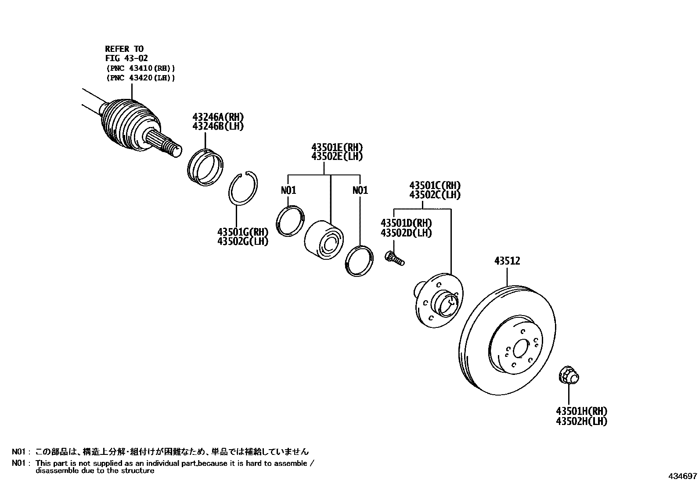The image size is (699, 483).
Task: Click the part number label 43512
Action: [x=507, y=261]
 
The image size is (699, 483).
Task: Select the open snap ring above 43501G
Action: [x=244, y=188]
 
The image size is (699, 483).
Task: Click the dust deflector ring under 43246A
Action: [x=205, y=167]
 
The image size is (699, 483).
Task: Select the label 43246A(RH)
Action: [x=218, y=117]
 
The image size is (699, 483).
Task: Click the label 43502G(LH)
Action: [x=242, y=241]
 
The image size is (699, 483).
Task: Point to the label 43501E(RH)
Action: [x=337, y=147]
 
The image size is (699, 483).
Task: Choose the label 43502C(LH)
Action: [x=435, y=195]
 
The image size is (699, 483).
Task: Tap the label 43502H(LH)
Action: [x=581, y=421]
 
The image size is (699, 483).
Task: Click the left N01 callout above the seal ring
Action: [x=288, y=190]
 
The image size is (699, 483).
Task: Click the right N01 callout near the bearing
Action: [x=360, y=190]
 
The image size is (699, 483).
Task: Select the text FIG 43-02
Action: [x=126, y=58]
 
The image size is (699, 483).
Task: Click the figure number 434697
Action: [x=683, y=476]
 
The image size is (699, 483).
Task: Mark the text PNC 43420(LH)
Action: [x=140, y=78]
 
